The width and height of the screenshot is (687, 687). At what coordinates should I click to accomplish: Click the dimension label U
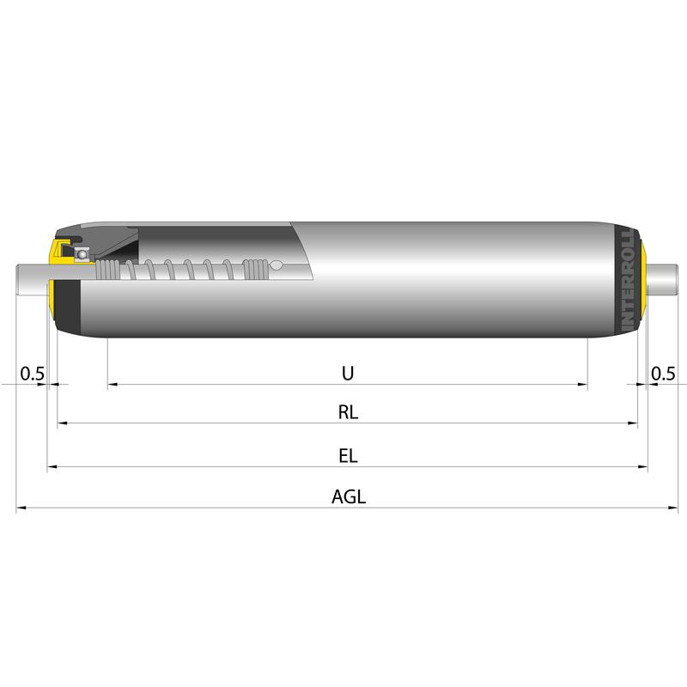click(348, 374)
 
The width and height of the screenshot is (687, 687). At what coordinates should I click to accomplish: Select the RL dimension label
click(348, 412)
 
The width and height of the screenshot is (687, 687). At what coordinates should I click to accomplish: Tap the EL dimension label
click(348, 456)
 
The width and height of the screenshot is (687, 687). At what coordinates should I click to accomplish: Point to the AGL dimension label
click(349, 497)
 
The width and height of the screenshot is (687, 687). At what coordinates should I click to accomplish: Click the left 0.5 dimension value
click(33, 374)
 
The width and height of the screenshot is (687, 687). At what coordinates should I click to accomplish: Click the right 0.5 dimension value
click(663, 374)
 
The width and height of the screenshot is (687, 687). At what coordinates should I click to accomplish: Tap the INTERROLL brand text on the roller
click(628, 279)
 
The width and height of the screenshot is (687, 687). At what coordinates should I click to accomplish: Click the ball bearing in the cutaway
click(81, 254)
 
